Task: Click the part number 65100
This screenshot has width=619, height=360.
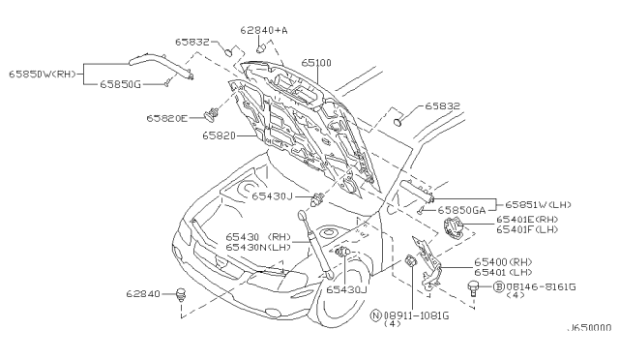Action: [316, 62]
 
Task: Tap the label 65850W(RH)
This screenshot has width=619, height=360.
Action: [41, 74]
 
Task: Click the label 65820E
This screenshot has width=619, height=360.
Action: [171, 117]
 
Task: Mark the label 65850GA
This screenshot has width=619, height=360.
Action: [465, 210]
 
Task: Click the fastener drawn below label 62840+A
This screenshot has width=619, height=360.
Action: [261, 46]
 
